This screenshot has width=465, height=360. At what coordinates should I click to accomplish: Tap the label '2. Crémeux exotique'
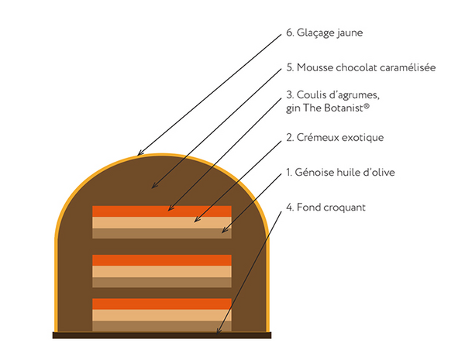[x=335, y=138]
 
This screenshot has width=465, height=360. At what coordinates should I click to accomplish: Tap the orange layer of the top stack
[x=162, y=211]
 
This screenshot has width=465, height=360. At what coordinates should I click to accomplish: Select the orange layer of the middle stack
[x=162, y=260]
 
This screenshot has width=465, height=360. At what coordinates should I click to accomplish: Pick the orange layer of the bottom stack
[x=162, y=303]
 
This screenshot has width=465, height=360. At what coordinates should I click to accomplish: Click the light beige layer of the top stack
[x=162, y=222]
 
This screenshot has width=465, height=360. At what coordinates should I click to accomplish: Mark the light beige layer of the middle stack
[x=162, y=271]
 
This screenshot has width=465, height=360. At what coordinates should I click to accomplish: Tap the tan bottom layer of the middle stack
[x=162, y=282]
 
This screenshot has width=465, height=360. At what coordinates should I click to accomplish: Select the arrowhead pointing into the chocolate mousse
[x=155, y=186]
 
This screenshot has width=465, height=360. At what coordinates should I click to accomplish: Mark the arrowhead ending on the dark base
[x=219, y=331]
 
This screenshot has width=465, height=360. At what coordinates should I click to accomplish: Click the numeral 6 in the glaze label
[x=289, y=33]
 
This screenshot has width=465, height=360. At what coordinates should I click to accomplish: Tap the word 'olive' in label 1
[x=381, y=172]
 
